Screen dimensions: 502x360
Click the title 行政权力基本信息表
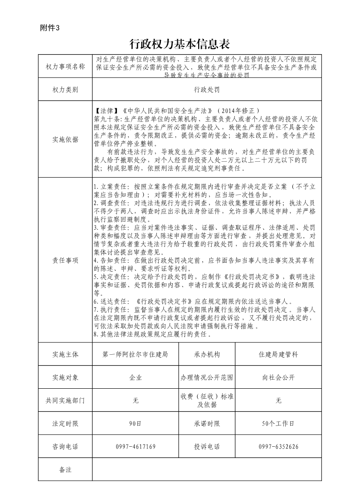(x=180, y=44)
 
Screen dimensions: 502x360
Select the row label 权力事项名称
(x=65, y=67)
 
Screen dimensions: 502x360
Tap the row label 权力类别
(x=65, y=90)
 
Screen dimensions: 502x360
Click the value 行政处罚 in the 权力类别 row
(x=207, y=90)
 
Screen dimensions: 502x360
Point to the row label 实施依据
(x=65, y=140)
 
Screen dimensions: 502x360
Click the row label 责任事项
(x=65, y=260)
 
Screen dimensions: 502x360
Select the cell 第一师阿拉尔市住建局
(x=136, y=354)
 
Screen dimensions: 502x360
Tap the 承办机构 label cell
(x=207, y=354)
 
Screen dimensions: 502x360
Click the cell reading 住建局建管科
(x=278, y=354)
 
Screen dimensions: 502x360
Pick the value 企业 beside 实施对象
(x=136, y=377)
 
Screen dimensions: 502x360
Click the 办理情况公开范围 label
(x=207, y=377)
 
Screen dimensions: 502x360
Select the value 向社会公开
(x=278, y=377)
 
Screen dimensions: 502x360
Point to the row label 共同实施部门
(x=65, y=401)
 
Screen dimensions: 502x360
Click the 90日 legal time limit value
(x=136, y=424)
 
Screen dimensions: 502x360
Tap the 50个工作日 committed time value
(x=278, y=424)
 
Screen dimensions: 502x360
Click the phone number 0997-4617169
(x=136, y=447)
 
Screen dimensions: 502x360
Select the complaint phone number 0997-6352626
(x=278, y=447)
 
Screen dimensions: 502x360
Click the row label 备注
(x=65, y=469)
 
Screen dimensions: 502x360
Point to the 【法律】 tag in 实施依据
(x=106, y=110)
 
